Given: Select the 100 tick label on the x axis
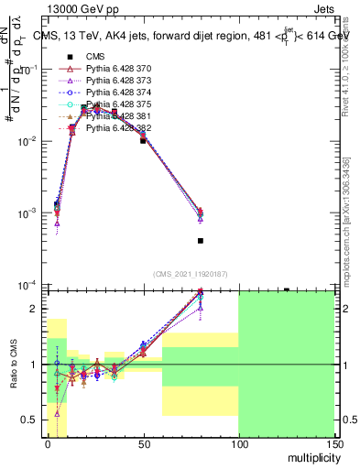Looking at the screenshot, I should tap(238, 443).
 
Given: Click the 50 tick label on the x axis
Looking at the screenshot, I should tap(143, 443).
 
